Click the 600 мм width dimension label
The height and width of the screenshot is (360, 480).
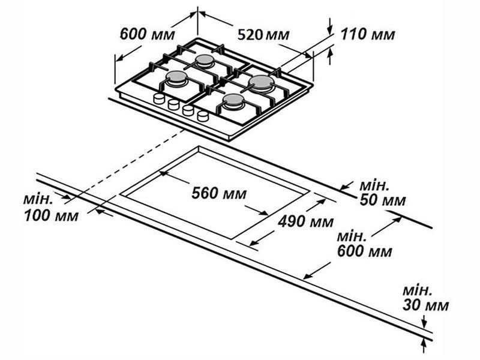(147, 34)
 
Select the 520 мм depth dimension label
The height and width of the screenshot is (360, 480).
(263, 35)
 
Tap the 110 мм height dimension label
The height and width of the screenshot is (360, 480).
(368, 34)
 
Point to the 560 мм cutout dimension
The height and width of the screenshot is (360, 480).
(219, 193)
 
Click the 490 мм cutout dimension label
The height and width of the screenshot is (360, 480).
(305, 221)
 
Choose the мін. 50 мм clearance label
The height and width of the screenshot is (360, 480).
(382, 193)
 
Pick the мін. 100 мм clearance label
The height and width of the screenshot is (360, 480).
(51, 208)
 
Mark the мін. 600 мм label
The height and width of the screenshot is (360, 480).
(364, 244)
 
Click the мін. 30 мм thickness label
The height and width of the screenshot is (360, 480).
(425, 298)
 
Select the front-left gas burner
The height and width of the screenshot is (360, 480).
(176, 78)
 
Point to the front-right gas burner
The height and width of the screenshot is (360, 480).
(233, 101)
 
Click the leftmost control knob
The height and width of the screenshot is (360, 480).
(159, 98)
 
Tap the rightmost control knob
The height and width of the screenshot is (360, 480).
(203, 116)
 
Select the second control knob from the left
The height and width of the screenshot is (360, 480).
(173, 104)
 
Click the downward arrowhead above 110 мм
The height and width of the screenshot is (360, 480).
(329, 31)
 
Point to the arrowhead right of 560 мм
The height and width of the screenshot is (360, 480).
(264, 213)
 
